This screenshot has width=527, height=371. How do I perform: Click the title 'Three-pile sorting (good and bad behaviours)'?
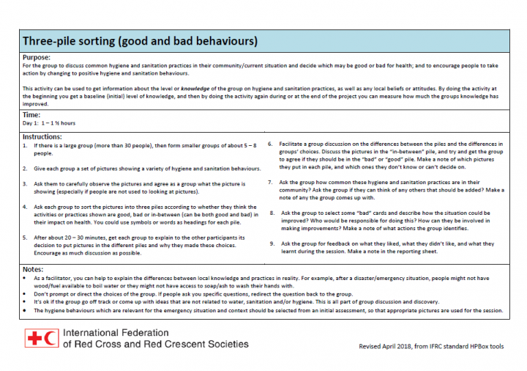pos(139,41)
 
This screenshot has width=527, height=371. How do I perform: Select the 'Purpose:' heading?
pos(37,57)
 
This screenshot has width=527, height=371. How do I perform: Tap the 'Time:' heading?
pos(31,115)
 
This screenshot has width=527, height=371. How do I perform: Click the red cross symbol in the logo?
pos(32,338)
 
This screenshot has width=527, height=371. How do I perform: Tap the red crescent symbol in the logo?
pos(51,338)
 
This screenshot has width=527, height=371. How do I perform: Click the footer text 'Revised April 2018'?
pos(393,345)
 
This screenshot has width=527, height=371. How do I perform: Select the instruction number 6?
pos(271,144)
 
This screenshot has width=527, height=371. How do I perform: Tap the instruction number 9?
pos(271,243)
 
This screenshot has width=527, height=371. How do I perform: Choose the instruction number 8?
pos(271,213)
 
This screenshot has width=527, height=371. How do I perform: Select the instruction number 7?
pos(271,182)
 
